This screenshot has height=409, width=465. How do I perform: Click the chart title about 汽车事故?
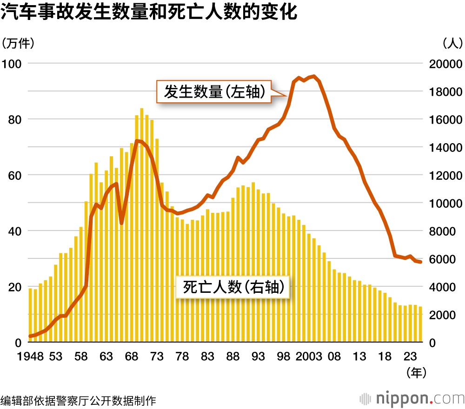(149, 13)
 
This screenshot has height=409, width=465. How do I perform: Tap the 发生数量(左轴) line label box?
(214, 92)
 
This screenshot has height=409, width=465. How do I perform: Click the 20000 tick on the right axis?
(444, 64)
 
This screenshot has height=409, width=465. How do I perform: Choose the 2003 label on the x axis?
(309, 356)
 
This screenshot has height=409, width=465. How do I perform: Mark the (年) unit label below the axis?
(415, 372)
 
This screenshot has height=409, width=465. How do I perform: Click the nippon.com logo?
(412, 398)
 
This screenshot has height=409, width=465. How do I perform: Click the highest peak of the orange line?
(314, 76)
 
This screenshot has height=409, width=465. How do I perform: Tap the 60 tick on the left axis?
(15, 175)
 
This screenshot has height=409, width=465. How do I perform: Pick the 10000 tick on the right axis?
(444, 203)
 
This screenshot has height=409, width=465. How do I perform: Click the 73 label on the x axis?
(157, 356)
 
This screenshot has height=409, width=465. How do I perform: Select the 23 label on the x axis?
(410, 356)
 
